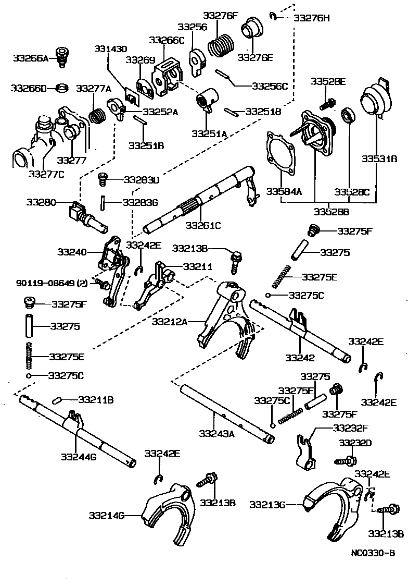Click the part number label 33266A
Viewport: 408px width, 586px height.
click(30, 58)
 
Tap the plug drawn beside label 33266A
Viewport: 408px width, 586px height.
click(63, 56)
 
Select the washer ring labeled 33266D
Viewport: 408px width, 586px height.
click(62, 88)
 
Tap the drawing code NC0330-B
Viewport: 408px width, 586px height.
click(372, 554)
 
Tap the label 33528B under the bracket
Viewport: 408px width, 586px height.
click(331, 211)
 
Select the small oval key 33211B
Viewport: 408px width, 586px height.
click(58, 400)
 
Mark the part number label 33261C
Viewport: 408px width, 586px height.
click(203, 225)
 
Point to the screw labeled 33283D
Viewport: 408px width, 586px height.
click(104, 179)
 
